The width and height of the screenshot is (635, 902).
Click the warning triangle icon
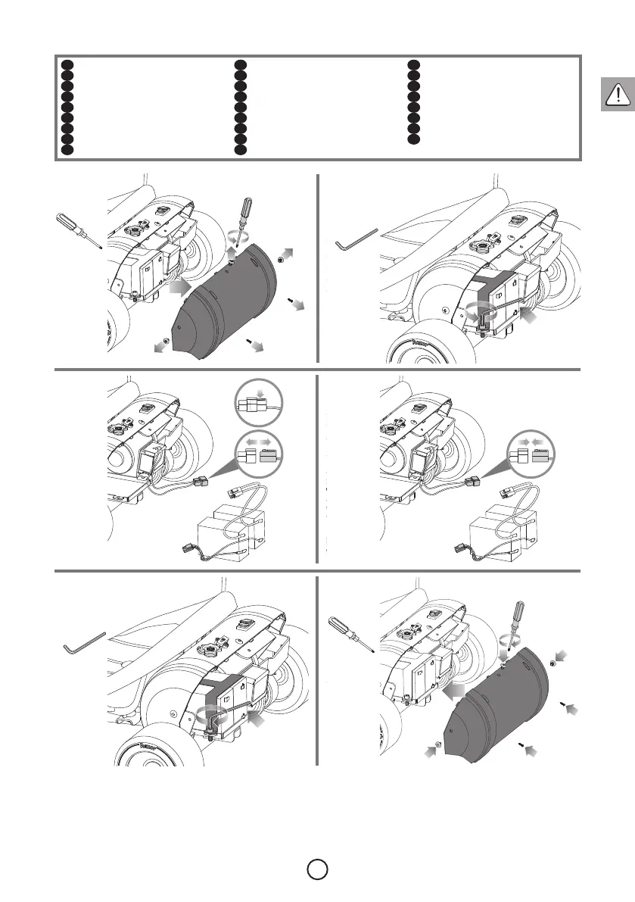coord(618,94)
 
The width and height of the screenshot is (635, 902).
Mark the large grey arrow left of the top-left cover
coord(180,288)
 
